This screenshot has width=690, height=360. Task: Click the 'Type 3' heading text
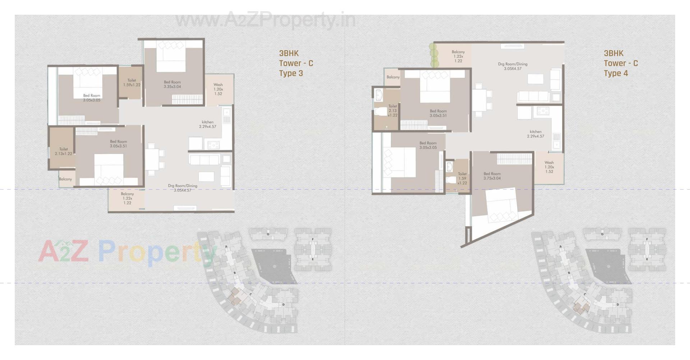[x=291, y=73]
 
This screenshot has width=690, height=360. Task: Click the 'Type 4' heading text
[x=616, y=73]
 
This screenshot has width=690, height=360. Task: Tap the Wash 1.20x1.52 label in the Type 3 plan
[x=218, y=89]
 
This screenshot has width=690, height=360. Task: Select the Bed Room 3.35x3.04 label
[x=172, y=84]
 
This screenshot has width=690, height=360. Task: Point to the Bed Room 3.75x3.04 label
[x=492, y=176]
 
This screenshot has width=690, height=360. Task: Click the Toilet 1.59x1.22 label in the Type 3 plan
[x=132, y=83]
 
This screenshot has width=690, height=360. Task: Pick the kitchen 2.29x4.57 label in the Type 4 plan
[x=535, y=134]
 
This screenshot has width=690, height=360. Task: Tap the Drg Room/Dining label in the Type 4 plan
[x=512, y=66]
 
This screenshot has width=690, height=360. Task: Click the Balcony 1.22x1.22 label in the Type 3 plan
[x=127, y=198]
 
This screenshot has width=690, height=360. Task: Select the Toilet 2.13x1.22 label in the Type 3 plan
[x=64, y=151]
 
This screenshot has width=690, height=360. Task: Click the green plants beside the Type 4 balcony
[x=434, y=56]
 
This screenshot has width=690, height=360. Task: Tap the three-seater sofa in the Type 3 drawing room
[x=204, y=160]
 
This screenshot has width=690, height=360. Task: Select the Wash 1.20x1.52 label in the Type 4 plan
[x=549, y=167]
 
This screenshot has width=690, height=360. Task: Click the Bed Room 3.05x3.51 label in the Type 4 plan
[x=438, y=114]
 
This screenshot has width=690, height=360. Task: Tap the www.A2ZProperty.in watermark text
[x=265, y=20]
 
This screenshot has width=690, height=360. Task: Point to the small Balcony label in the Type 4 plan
[x=393, y=77]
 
